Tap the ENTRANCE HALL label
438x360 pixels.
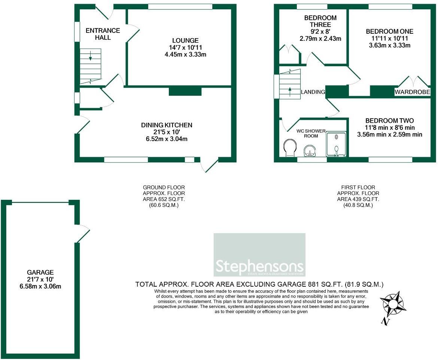[103, 34]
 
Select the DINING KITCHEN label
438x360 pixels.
[167, 125]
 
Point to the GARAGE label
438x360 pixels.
[40, 272]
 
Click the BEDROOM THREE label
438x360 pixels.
[320, 21]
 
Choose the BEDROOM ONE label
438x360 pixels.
[390, 31]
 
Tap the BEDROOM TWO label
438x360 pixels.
[390, 120]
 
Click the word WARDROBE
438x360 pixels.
[412, 92]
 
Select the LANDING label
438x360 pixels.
[313, 92]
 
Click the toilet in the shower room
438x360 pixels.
[289, 148]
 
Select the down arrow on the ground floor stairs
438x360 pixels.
[90, 58]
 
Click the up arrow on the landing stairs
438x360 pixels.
[289, 89]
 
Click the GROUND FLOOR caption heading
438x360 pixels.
[164, 187]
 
